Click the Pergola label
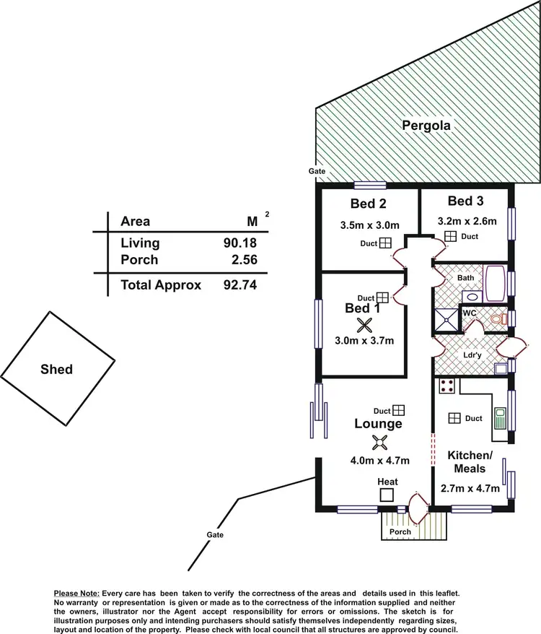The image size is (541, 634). tap(426, 126)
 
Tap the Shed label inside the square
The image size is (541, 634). tap(56, 369)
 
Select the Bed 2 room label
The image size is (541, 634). tap(368, 203)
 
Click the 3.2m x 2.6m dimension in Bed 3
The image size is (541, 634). tap(467, 221)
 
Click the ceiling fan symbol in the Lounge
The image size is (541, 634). tap(380, 443)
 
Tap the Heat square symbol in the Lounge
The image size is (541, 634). tap(387, 495)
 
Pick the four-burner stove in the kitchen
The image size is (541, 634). tap(447, 386)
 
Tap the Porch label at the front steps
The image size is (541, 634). tap(400, 531)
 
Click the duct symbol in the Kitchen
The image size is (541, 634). tap(454, 418)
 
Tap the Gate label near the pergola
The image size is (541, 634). tap(317, 171)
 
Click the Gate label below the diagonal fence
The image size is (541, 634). tap(214, 535)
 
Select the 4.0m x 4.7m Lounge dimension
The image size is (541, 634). tap(380, 461)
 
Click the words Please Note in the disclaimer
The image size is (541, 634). tap(76, 592)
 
